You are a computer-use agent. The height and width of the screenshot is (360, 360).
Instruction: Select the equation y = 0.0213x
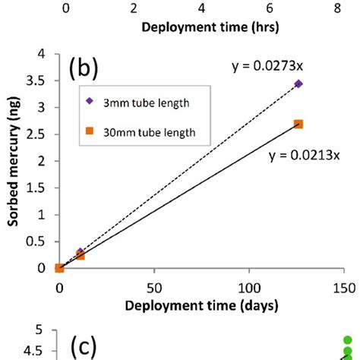point(303,156)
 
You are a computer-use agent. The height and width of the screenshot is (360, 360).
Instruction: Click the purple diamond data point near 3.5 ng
point(298,84)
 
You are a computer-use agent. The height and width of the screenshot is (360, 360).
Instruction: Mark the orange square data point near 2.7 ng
point(298,125)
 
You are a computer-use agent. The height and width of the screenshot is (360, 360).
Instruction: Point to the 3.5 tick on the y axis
point(36,81)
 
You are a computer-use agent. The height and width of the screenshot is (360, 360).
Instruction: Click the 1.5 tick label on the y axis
point(36,188)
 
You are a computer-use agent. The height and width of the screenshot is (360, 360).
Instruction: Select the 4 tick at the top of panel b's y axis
point(42,55)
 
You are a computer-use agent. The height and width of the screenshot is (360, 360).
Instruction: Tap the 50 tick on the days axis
point(154,287)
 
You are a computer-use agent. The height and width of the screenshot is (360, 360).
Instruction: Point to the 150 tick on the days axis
point(344,287)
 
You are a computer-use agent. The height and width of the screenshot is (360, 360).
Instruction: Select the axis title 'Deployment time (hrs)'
point(201,28)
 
